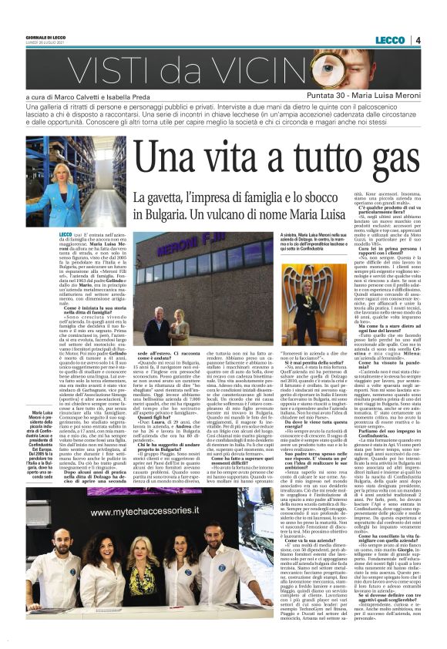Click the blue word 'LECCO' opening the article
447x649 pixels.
[64, 232]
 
